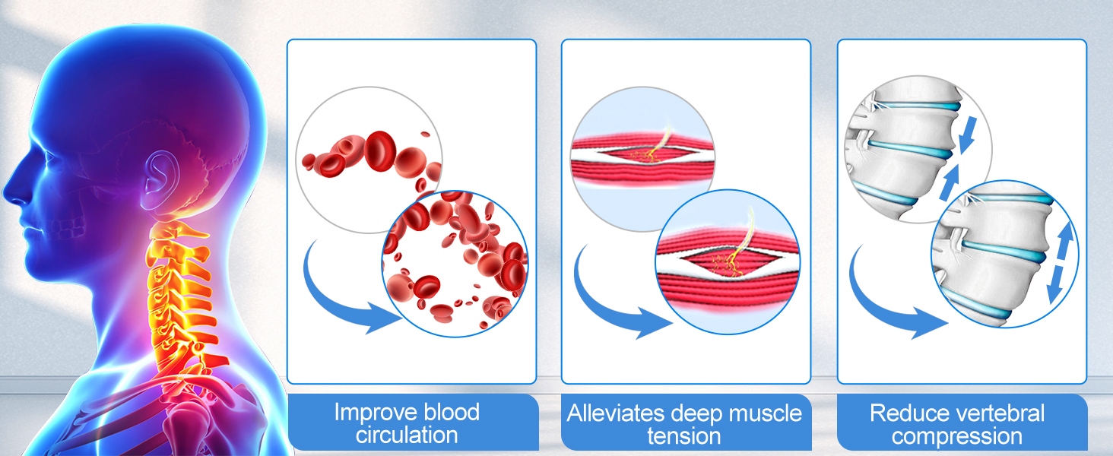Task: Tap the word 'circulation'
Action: coord(407,435)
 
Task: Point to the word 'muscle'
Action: coord(764,413)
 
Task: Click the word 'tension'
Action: coord(683,436)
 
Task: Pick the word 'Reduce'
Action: coord(903,413)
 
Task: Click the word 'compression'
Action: coord(957,436)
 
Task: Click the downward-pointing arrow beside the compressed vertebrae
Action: coord(968,134)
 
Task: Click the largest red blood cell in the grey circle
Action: coord(380,151)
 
